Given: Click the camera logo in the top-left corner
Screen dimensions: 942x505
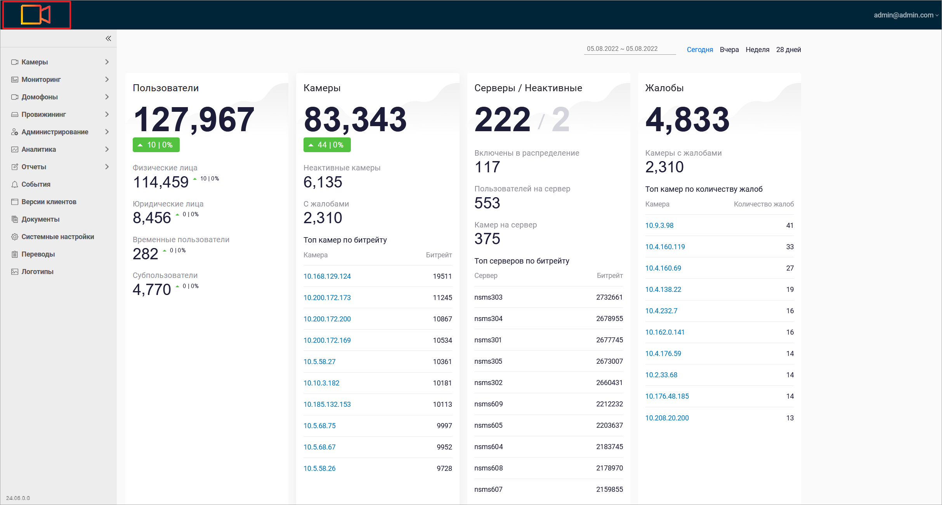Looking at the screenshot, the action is click(x=36, y=15).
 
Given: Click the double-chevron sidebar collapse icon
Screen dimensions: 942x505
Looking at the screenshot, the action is click(x=108, y=38).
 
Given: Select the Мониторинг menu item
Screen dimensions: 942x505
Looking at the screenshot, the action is click(x=41, y=80).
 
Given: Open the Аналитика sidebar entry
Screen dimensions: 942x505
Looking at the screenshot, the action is click(x=39, y=149).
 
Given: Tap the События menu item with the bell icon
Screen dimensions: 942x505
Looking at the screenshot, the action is click(x=36, y=184).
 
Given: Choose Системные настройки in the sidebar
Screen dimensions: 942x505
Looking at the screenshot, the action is click(x=58, y=237).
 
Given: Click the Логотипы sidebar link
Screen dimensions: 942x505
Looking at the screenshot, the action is click(x=37, y=272).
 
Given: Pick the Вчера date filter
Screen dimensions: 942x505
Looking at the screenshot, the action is click(x=729, y=50).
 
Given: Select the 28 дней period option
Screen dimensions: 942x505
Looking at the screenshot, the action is click(x=788, y=50).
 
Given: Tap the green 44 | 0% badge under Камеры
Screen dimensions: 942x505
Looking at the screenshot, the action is click(x=327, y=145).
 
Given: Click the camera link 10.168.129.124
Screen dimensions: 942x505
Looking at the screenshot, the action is click(x=327, y=276).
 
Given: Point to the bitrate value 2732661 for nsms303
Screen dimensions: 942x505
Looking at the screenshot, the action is click(x=609, y=297).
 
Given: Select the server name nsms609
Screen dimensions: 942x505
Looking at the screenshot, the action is click(x=488, y=404).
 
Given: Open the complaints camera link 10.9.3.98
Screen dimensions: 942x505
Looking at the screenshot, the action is click(x=659, y=226).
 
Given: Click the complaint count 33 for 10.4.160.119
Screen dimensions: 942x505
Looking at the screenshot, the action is click(x=790, y=247).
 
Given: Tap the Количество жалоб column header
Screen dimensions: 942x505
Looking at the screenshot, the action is click(x=763, y=204).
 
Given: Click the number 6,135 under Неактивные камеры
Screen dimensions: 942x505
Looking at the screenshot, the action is click(x=323, y=182).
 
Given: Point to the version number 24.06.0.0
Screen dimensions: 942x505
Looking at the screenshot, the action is click(x=18, y=498).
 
